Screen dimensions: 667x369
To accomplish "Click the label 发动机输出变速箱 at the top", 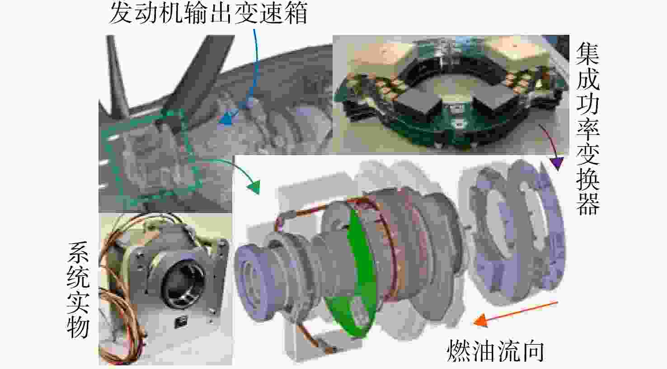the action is (x=209, y=14).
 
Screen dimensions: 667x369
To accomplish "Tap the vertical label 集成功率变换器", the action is (x=587, y=128).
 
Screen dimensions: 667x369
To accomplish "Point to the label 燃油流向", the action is (x=495, y=351).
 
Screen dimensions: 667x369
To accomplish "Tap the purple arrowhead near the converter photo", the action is (x=557, y=164).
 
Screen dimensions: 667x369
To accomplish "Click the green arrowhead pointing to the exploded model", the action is (x=254, y=187).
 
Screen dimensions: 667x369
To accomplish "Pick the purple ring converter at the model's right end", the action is (x=518, y=232).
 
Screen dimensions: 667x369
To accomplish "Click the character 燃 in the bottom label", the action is (x=459, y=351).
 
